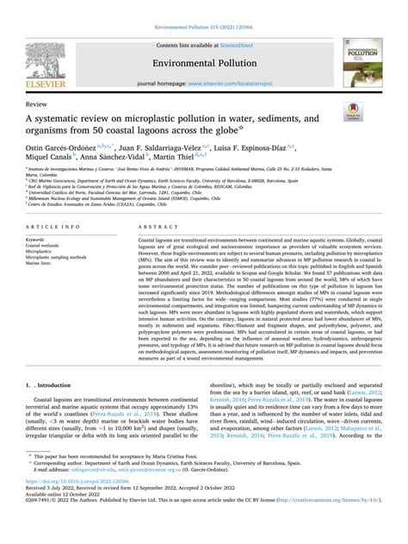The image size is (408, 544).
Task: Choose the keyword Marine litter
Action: click(x=42, y=264)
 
